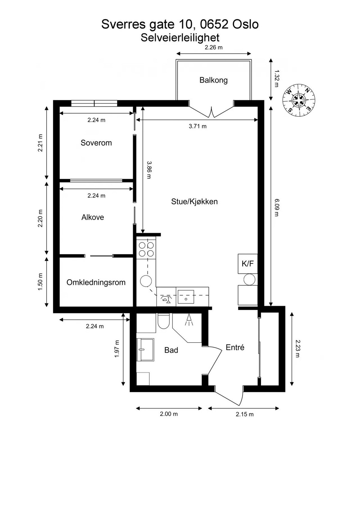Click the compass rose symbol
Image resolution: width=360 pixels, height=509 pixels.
click(x=299, y=100)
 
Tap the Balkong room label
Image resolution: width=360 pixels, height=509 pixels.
click(x=213, y=80)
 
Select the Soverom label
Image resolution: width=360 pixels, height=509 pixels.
click(x=96, y=143)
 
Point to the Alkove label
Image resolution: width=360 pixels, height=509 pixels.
click(x=93, y=217)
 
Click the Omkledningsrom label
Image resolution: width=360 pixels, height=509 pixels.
click(x=96, y=283)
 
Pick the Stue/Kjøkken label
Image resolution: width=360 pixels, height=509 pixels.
click(x=194, y=202)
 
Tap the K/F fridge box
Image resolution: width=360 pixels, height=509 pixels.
click(x=248, y=264)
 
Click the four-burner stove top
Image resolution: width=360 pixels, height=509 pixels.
click(x=146, y=249)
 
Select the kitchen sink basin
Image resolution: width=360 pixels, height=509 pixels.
click(x=186, y=297)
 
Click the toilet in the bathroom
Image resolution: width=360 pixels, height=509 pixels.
click(x=163, y=321)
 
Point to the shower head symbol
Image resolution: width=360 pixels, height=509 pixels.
click(x=189, y=320)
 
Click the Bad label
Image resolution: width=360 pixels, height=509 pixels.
click(x=171, y=350)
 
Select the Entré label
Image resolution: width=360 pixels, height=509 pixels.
click(x=235, y=347)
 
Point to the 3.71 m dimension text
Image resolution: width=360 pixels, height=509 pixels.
click(x=197, y=126)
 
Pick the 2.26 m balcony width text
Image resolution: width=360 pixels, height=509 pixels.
click(x=214, y=47)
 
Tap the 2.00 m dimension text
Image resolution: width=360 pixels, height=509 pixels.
click(x=169, y=414)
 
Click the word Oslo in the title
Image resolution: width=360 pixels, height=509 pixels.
click(x=245, y=24)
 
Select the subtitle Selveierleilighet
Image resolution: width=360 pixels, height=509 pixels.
click(x=180, y=38)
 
